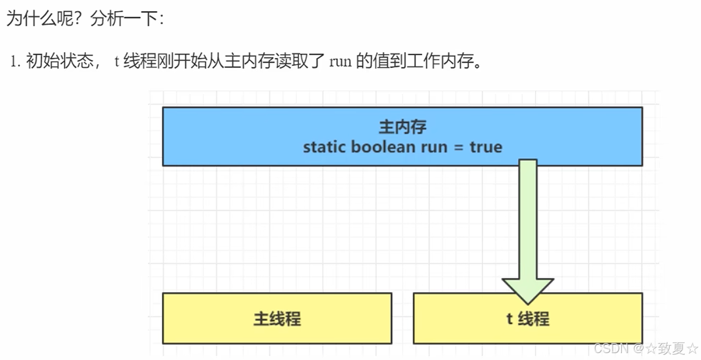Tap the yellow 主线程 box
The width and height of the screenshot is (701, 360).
[x=277, y=318]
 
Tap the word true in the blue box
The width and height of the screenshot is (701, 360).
[x=486, y=147]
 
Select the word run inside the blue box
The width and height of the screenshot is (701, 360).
[x=434, y=148]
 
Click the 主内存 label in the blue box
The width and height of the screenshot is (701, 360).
[x=402, y=127]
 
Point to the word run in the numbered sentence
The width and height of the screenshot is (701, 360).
[x=340, y=62]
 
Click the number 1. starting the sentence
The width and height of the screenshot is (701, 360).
[x=15, y=62]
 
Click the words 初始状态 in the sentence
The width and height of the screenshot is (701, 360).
[x=58, y=62]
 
